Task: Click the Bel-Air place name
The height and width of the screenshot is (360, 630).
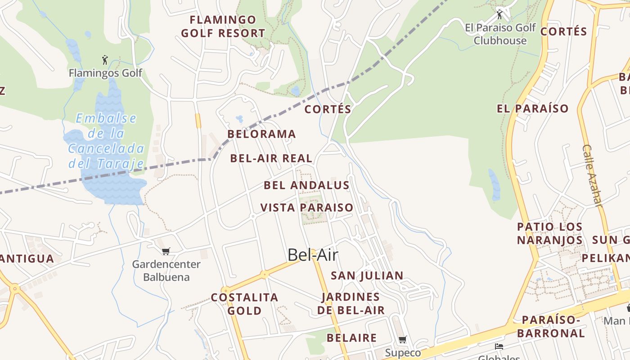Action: click(313, 255)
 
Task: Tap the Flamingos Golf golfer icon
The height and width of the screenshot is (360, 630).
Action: click(105, 59)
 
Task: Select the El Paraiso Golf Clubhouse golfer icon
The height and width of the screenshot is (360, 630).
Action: click(499, 14)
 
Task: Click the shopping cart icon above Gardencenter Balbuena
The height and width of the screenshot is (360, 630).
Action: click(166, 251)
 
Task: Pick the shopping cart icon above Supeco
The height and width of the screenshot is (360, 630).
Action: click(402, 340)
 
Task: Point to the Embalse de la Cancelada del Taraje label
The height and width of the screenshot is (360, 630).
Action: click(106, 141)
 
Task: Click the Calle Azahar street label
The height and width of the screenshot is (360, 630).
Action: click(592, 175)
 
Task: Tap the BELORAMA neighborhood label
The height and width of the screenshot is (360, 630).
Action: click(261, 134)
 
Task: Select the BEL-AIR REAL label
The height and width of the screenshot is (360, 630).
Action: click(271, 158)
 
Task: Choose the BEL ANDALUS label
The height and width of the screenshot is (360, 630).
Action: click(306, 185)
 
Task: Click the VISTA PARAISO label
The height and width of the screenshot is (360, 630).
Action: click(307, 208)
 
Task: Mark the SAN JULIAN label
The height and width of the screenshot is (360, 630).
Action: click(367, 276)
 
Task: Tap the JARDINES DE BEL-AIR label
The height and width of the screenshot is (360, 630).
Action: click(351, 304)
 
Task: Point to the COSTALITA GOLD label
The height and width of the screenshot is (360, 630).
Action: click(244, 304)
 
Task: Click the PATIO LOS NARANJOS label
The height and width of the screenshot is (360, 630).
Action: click(549, 234)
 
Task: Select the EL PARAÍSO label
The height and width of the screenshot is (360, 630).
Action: click(533, 108)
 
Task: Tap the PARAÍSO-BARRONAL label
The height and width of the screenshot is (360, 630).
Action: click(551, 327)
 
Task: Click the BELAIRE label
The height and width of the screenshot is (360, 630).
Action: click(351, 338)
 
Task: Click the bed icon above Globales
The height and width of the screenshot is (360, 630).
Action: click(499, 346)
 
